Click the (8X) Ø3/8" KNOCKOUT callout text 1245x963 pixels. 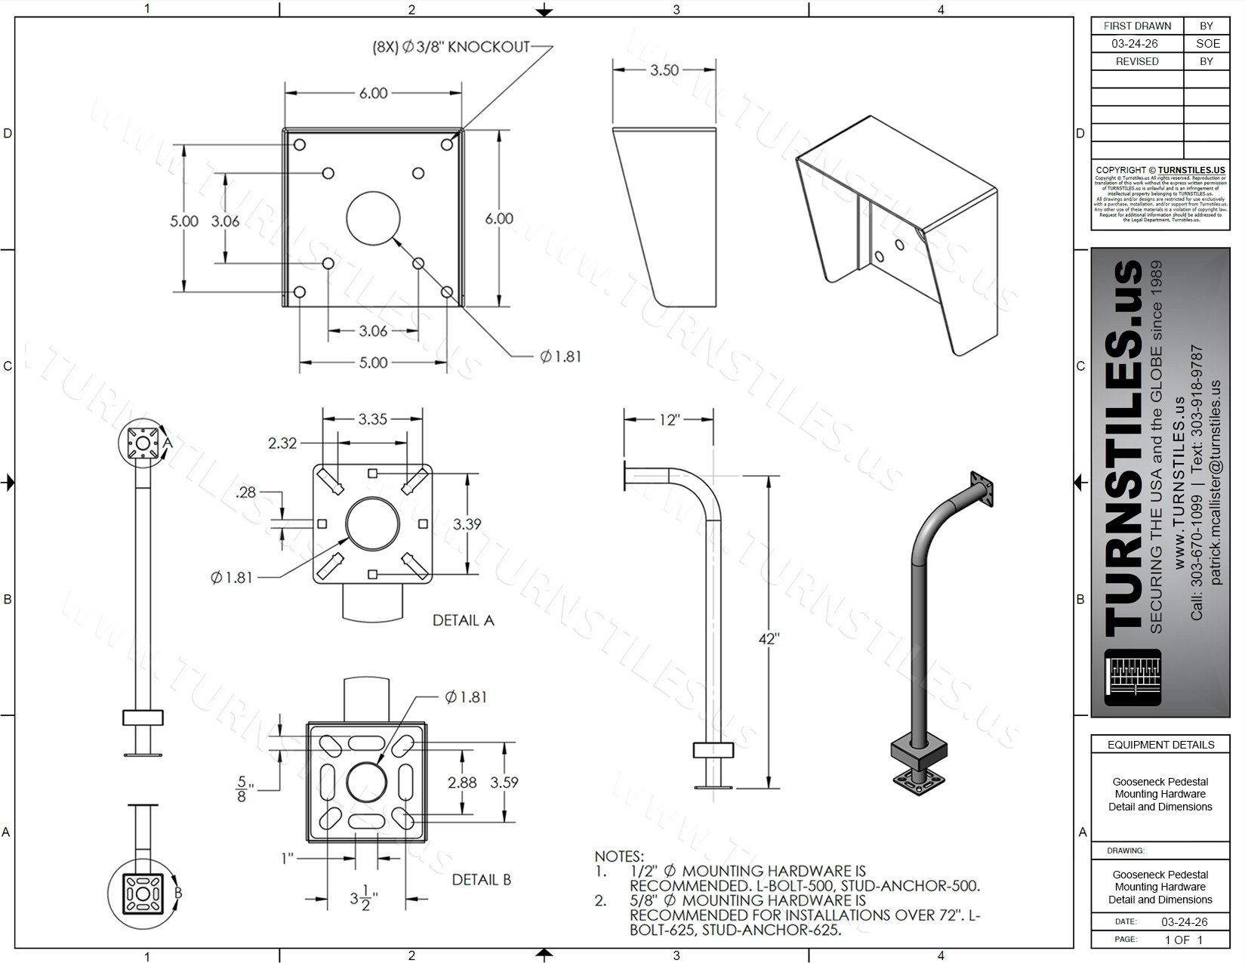pyautogui.click(x=451, y=47)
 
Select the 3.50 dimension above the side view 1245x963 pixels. pyautogui.click(x=664, y=70)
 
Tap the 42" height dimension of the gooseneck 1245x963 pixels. pyautogui.click(x=769, y=639)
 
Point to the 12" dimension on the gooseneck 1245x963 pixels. pyautogui.click(x=669, y=420)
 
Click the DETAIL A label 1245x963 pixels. pyautogui.click(x=463, y=620)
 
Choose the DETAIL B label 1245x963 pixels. pyautogui.click(x=481, y=880)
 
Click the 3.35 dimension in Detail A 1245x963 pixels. pyautogui.click(x=372, y=419)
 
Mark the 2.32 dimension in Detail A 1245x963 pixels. pyautogui.click(x=282, y=443)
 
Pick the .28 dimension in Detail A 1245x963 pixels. pyautogui.click(x=246, y=492)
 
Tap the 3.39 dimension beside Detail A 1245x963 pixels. pyautogui.click(x=467, y=523)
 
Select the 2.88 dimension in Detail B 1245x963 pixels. pyautogui.click(x=462, y=782)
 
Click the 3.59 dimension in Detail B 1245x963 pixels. pyautogui.click(x=504, y=782)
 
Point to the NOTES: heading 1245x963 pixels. pyautogui.click(x=619, y=857)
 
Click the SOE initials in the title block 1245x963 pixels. pyautogui.click(x=1208, y=44)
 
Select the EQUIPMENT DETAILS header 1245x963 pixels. pyautogui.click(x=1160, y=745)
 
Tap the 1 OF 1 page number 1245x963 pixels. pyautogui.click(x=1183, y=940)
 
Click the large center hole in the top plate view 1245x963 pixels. pyautogui.click(x=373, y=218)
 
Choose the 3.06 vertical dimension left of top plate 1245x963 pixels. pyautogui.click(x=225, y=221)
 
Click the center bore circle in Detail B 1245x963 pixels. pyautogui.click(x=367, y=782)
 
